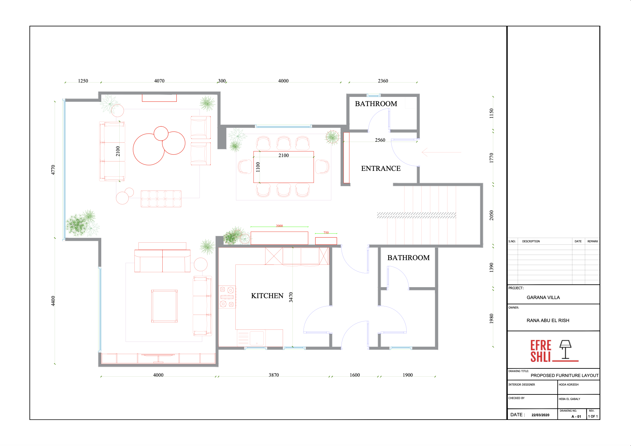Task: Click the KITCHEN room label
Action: coord(267,296)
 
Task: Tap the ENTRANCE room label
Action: coord(381,168)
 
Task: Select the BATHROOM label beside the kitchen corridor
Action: coord(408,258)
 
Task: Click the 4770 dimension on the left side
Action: coord(53,170)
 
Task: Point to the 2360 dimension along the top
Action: coord(383,81)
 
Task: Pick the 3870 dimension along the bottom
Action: coord(273,375)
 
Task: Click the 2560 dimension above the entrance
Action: coord(380,140)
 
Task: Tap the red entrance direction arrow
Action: coord(441,152)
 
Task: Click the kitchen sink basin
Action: coord(257,338)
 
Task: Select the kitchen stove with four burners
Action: coord(227,297)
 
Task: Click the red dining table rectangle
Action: coord(284,167)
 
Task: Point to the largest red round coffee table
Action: coord(149,149)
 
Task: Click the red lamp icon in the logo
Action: coord(565,349)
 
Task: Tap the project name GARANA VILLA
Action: coord(543,298)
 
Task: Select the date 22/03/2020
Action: coord(540,415)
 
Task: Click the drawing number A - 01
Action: coord(576,417)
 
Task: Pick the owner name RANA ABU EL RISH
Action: coord(548,321)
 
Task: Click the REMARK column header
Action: coord(593,241)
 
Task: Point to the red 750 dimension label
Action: coord(326,233)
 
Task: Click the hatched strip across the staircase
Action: coord(416,215)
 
